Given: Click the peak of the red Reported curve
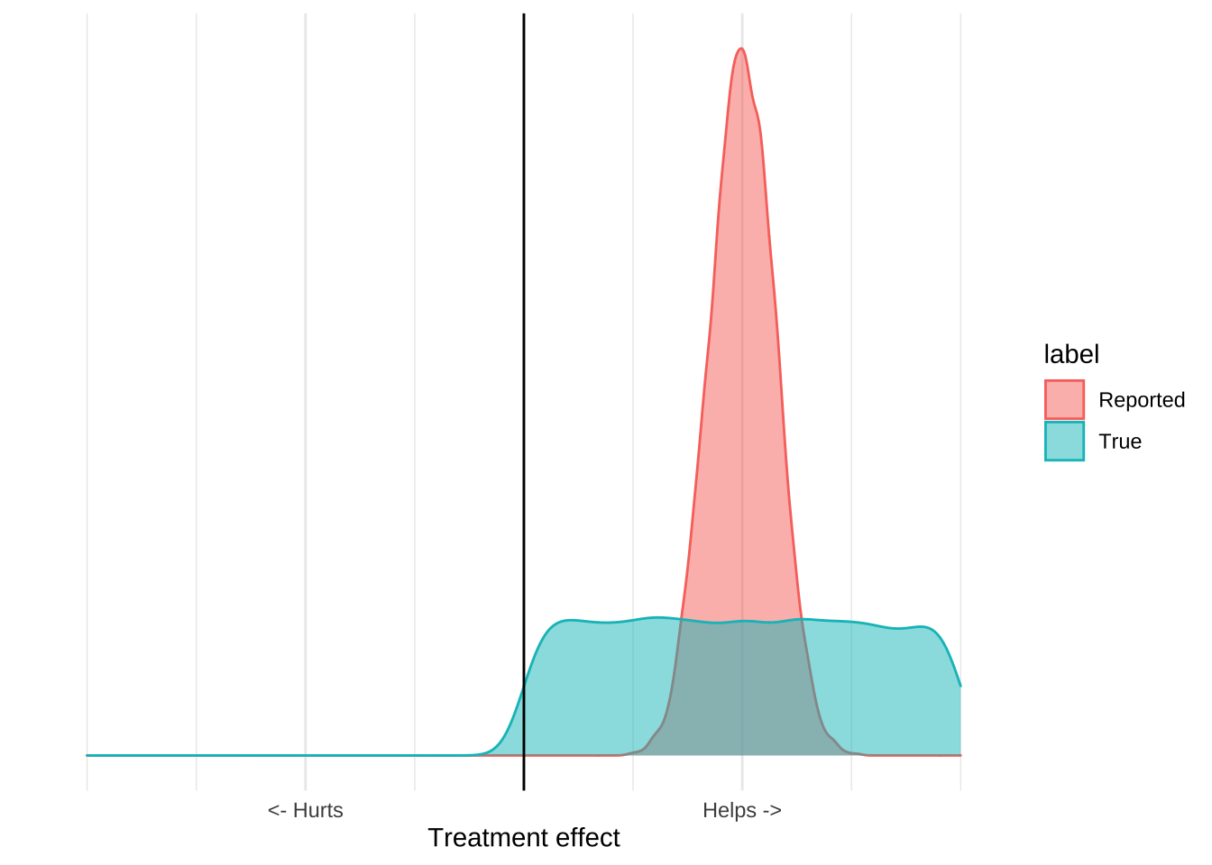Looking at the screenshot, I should click(741, 49).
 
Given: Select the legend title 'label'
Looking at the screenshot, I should click(1071, 354).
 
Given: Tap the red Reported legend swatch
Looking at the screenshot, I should click(1064, 399).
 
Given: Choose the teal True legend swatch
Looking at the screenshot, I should click(1064, 442).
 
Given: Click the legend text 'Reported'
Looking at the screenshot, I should click(1142, 400).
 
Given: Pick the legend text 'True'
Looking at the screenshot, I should click(1120, 442).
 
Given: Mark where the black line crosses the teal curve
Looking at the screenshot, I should click(524, 687).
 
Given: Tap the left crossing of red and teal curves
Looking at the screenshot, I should click(682, 620).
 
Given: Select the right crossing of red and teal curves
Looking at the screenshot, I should click(802, 619).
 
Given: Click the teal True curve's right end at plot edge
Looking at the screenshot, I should click(960, 686).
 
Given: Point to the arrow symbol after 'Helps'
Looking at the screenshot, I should click(772, 811).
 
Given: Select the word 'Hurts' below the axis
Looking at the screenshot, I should click(318, 811).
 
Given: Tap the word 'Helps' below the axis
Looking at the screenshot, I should click(730, 811).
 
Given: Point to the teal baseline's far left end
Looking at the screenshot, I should click(87, 755).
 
